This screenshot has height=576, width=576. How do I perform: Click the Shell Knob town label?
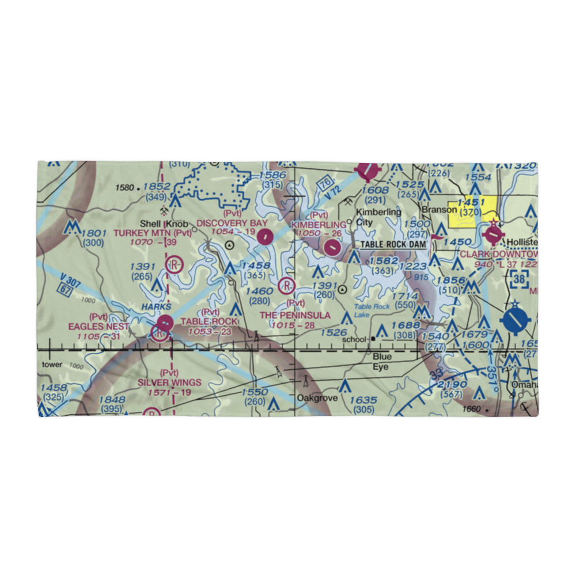click(165, 223)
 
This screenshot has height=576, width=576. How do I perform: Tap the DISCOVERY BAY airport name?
click(232, 223)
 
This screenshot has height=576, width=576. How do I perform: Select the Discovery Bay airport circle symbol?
click(265, 236)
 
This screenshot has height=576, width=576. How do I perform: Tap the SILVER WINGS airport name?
click(169, 382)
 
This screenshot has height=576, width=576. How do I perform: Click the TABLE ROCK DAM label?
click(393, 245)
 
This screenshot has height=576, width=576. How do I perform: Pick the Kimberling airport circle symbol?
click(332, 248)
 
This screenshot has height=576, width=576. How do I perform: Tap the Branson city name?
click(439, 210)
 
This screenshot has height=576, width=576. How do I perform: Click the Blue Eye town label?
click(381, 361)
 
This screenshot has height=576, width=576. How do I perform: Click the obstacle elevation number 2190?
click(452, 385)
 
